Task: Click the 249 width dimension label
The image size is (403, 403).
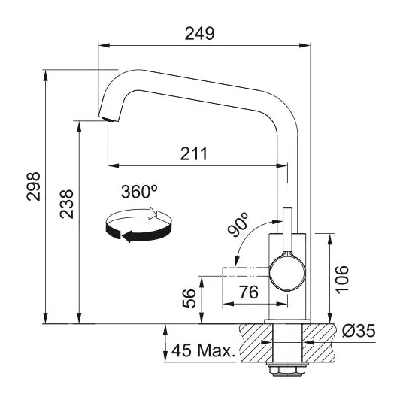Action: [x=199, y=33]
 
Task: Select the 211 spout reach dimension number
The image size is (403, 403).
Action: [x=193, y=153]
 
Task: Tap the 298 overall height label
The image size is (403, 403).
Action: [x=33, y=186]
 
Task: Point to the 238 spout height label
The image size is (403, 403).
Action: [x=67, y=204]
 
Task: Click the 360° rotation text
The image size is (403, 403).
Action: [x=139, y=192]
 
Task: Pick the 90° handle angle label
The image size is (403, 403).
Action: [x=238, y=224]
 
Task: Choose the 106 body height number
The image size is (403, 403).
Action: [x=342, y=280]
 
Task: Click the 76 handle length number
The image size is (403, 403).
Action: [x=249, y=292]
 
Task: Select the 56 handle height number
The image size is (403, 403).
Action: [x=189, y=298]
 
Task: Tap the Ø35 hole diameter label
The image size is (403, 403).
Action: [x=359, y=330]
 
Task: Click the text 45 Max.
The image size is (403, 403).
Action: [x=203, y=350]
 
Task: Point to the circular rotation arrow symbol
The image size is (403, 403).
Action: [x=138, y=224]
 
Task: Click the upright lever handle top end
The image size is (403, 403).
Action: [x=287, y=208]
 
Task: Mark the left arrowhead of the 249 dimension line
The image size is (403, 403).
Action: [x=104, y=46]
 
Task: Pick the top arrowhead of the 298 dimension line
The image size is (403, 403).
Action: [x=46, y=75]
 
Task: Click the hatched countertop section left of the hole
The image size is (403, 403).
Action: [x=256, y=343]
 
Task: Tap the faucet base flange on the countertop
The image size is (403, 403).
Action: [x=287, y=321]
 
